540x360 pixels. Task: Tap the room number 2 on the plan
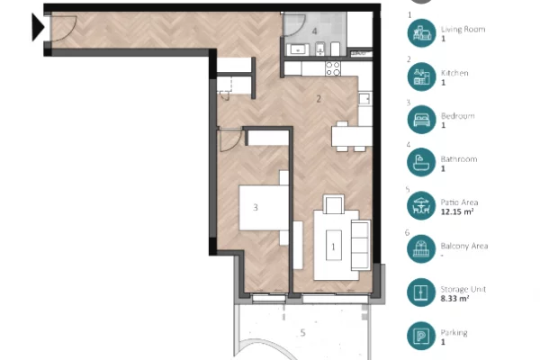tap(318, 98)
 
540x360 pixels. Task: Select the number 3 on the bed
tap(256, 208)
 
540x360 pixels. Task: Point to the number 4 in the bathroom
tap(314, 31)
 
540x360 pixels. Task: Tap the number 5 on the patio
tap(302, 332)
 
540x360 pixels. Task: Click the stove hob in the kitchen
tap(333, 67)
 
